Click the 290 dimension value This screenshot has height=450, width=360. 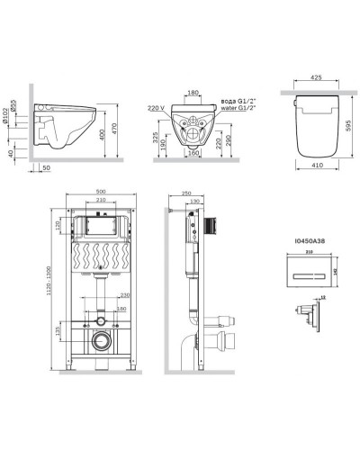coord(231,141)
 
